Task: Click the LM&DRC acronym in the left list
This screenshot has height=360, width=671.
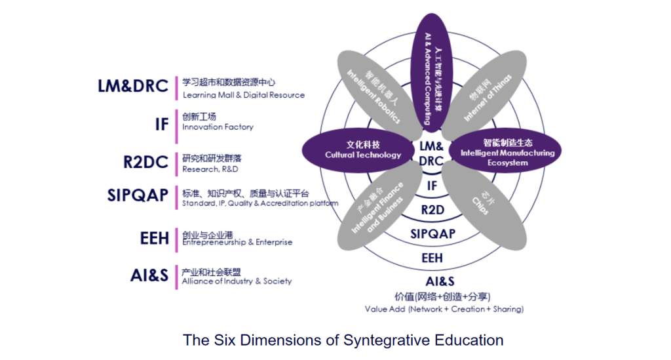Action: coord(132,87)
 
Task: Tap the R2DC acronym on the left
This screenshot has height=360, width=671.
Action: coord(145,161)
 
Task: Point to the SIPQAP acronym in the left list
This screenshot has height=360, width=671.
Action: coord(138,195)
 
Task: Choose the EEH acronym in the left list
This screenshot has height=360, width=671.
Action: coord(155,238)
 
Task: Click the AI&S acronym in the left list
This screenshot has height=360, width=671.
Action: coord(149,276)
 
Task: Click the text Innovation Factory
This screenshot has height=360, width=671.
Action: coord(218,127)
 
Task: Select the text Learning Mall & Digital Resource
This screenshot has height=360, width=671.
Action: coord(243,95)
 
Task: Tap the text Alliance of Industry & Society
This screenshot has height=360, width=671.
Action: coord(237,281)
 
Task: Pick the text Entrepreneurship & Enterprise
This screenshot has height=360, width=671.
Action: coord(237,242)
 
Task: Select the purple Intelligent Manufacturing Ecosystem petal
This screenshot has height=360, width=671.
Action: coord(507,151)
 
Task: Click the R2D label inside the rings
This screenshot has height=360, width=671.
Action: coord(432,210)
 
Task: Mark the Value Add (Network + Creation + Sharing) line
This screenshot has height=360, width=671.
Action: coord(444,309)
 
